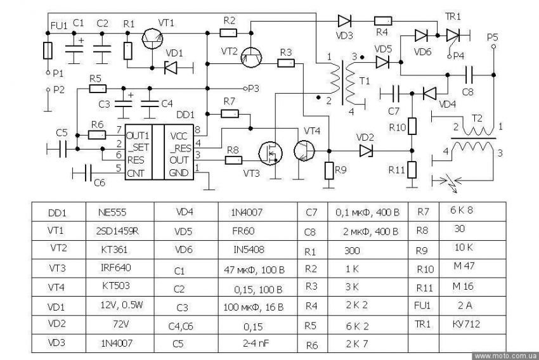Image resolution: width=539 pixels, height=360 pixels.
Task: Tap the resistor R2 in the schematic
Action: coord(229,32)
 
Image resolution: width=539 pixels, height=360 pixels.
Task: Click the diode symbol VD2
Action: coord(365,150)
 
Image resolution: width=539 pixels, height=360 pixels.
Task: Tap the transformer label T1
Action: coord(363,82)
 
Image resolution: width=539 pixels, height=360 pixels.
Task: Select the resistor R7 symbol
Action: coord(229,113)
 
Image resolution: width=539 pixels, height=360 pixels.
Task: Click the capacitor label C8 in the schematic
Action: coord(468,91)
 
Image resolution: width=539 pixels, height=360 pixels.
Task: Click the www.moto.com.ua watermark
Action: coord(505,356)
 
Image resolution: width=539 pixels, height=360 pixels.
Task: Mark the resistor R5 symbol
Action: coord(98,88)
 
